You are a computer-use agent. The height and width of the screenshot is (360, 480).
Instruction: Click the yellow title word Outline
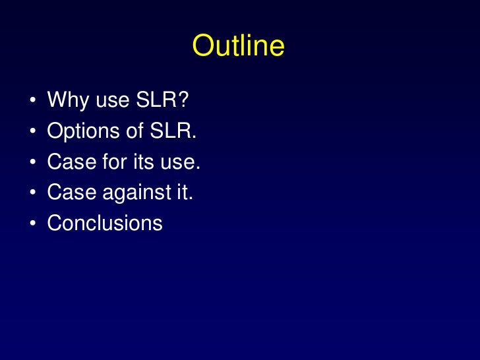(239, 47)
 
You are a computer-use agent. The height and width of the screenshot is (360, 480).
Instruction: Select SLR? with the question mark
(162, 101)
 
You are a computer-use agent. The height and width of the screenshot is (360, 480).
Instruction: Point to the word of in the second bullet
(135, 131)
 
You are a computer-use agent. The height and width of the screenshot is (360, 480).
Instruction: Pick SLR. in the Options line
(173, 131)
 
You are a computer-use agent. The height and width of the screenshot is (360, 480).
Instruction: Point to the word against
(135, 193)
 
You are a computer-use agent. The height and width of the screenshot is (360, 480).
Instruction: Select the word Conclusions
(105, 222)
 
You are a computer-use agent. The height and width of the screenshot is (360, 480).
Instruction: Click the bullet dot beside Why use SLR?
(31, 102)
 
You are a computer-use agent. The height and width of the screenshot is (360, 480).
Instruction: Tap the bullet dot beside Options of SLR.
(31, 133)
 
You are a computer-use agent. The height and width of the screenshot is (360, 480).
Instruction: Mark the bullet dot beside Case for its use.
(31, 163)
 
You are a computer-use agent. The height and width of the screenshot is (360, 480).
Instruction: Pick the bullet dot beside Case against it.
(31, 193)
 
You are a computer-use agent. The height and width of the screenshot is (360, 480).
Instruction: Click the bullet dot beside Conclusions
(31, 224)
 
